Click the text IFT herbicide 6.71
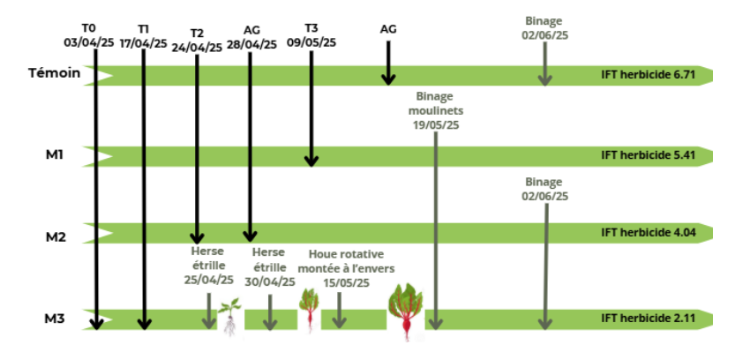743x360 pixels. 649,75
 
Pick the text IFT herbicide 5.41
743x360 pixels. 649,155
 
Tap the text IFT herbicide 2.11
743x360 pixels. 649,318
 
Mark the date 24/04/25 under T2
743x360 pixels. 197,48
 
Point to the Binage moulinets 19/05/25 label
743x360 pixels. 436,111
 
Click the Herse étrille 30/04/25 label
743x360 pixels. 269,266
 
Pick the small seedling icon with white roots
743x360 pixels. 229,317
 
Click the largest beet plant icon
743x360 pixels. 406,309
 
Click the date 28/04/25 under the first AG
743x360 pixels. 251,43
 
